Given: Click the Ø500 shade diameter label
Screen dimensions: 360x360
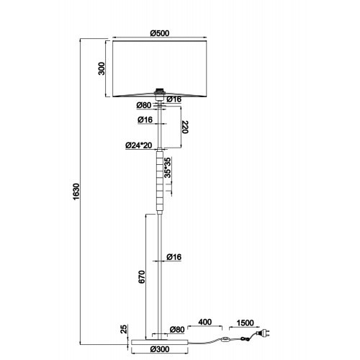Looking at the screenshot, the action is [160, 33].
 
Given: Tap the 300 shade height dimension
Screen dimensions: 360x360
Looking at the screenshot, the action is [102, 68].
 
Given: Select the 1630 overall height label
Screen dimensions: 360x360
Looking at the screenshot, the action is [76, 192].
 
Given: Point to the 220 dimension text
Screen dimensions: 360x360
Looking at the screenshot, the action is [185, 127].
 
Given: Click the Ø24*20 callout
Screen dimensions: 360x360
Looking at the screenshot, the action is [139, 145].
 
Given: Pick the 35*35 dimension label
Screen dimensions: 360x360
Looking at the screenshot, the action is [168, 168].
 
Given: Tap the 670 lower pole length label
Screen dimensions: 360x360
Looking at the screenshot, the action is [142, 276].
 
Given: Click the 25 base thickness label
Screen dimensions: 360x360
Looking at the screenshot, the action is [123, 329].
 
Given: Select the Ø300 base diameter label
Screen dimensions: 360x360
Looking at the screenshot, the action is [160, 349].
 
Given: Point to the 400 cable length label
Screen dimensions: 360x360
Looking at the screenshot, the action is [204, 322].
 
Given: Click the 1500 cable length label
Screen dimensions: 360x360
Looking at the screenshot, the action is [245, 323].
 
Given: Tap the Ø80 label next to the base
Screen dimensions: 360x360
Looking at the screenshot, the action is [177, 330].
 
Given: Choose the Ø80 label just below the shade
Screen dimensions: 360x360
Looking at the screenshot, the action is [144, 105].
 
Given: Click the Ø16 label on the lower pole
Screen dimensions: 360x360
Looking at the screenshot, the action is [174, 257].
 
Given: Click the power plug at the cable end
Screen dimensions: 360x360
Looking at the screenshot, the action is [264, 333].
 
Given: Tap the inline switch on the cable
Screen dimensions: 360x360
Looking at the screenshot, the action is [225, 339].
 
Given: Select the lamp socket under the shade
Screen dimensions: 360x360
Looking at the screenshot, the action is [159, 94].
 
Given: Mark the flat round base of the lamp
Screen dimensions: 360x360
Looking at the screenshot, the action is [160, 342].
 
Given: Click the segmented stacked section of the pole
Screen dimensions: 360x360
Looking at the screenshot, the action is [160, 181].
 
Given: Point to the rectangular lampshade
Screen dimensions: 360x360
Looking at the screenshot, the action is [160, 69].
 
